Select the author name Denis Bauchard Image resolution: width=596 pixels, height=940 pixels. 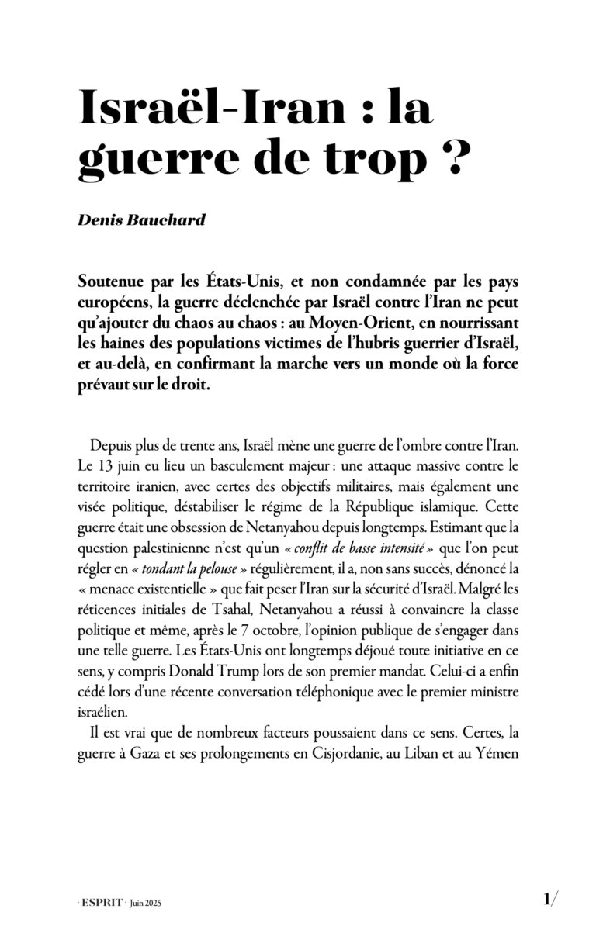[x=142, y=219]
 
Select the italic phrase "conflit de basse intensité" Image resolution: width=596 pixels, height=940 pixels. [x=362, y=549]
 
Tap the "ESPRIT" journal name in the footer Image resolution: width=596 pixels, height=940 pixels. [x=102, y=904]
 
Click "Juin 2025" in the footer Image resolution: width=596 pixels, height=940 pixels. [x=147, y=904]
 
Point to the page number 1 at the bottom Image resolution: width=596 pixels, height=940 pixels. [x=548, y=900]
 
